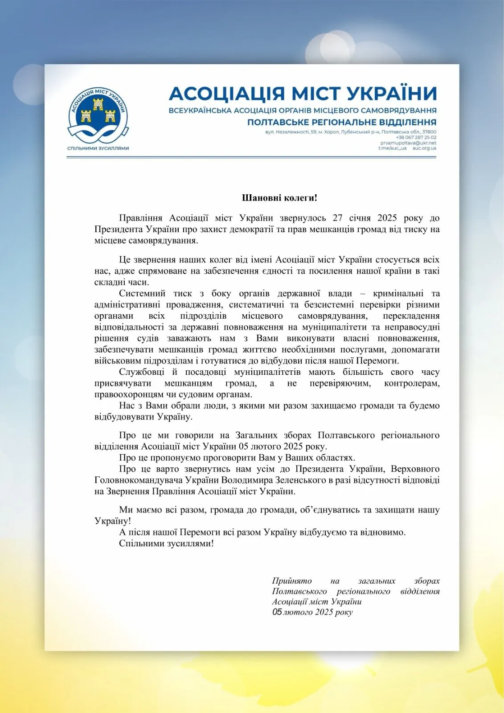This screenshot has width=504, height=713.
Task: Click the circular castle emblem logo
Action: (98, 114)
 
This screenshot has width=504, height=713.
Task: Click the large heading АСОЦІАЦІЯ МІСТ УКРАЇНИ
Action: (303, 94)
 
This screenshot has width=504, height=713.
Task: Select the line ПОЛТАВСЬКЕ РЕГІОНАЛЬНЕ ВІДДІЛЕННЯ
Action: (342, 122)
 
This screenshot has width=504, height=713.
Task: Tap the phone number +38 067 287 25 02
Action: (416, 138)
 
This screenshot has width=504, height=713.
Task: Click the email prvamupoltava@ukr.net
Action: (408, 143)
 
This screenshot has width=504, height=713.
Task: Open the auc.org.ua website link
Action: (424, 148)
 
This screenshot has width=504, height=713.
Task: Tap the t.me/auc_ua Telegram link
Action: (392, 148)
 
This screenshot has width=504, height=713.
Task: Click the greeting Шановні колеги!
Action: (279, 198)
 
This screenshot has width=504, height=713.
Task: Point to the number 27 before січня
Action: (337, 218)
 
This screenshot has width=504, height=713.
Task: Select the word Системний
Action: (142, 293)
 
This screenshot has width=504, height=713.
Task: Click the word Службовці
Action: (141, 372)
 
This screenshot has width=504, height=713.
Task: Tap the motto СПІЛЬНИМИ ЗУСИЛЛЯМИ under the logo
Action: (98, 148)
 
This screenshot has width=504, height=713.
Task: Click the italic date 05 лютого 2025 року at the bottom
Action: (312, 612)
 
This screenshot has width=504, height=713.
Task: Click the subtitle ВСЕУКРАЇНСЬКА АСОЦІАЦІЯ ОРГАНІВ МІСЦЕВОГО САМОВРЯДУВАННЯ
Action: (303, 110)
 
